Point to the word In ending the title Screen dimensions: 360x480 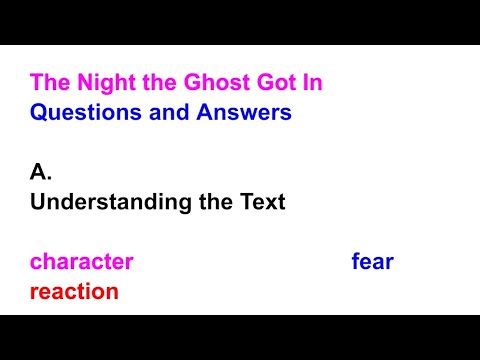[310, 82]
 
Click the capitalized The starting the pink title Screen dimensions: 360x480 [48, 82]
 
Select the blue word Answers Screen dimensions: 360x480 [237, 112]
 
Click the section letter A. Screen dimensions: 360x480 [40, 172]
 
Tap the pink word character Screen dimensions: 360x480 [81, 262]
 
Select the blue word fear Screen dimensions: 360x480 [372, 262]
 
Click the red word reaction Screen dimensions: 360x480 [74, 292]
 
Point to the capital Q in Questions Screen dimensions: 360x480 [39, 112]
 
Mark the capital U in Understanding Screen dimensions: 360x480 [38, 202]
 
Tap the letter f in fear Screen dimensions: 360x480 [355, 262]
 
